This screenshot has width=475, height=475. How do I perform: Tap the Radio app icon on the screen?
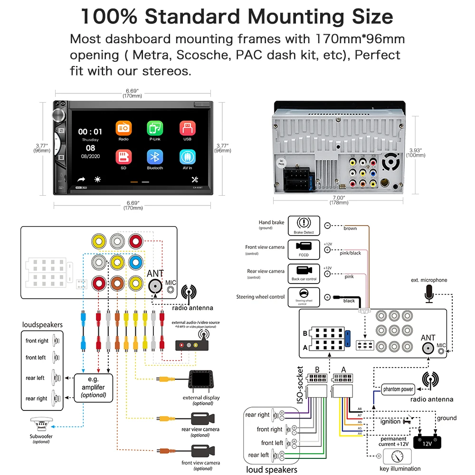[x=123, y=128]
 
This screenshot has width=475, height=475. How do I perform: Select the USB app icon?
[x=187, y=128]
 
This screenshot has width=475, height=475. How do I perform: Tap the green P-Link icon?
[x=155, y=128]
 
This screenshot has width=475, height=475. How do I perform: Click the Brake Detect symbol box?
[x=304, y=225]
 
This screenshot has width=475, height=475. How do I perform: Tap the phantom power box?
[x=398, y=389]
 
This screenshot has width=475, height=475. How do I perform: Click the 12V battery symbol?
[x=427, y=442]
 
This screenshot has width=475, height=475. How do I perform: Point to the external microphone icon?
[x=429, y=293]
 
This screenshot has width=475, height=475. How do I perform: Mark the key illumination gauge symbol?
[x=394, y=457]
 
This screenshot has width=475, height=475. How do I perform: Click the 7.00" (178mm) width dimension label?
[x=338, y=200]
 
